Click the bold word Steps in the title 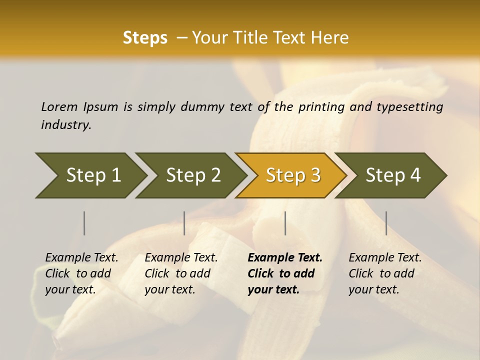(x=145, y=38)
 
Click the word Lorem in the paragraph (x=59, y=106)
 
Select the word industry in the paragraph (x=65, y=125)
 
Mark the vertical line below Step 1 (x=84, y=223)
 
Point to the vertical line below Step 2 (x=184, y=223)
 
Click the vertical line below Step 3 (x=285, y=223)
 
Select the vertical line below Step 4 (x=386, y=223)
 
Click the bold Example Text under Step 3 (x=285, y=257)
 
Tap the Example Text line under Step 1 (x=81, y=257)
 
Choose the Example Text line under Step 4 (x=385, y=257)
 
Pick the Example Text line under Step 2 (x=181, y=257)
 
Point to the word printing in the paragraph (x=320, y=106)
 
